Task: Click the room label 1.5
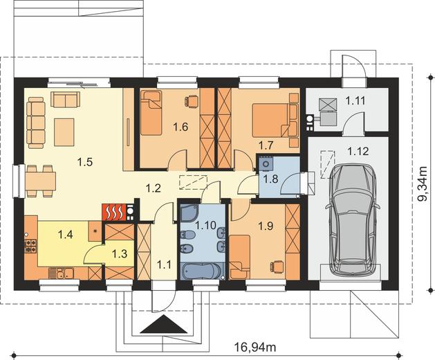coord(84,162)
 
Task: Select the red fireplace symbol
coord(114,212)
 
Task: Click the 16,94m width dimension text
coord(255,348)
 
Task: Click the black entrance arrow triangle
coord(164,324)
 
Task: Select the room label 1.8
coord(270,179)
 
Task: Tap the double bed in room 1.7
coord(271,120)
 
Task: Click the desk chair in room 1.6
coord(192,100)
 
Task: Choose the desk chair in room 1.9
coord(277,266)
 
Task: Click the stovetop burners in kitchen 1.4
coord(30,246)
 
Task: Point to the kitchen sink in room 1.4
coord(61,273)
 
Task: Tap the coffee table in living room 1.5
coord(64,132)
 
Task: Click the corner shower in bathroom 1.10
coord(189,213)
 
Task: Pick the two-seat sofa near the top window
coord(65,100)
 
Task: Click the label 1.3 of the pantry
coord(120,253)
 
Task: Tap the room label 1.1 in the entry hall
coord(164,264)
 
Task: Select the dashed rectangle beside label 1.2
coord(194,182)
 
